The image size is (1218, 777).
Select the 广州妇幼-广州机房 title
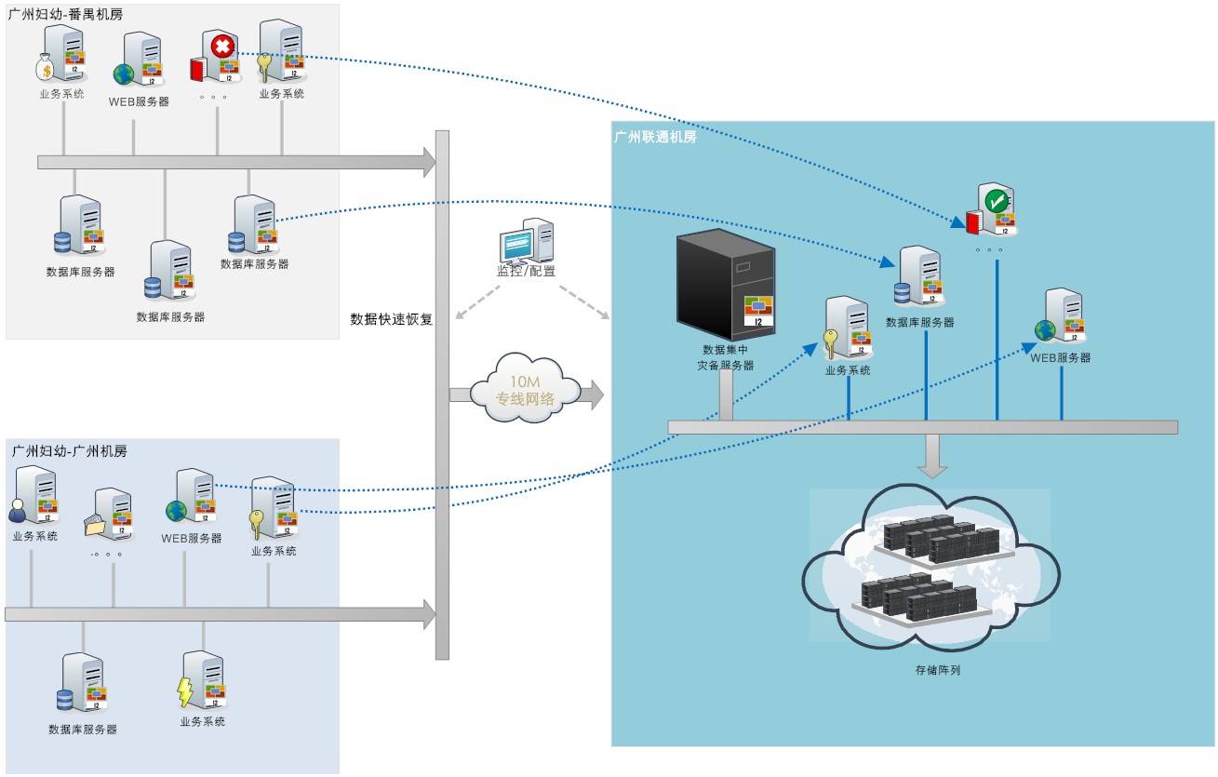(70, 450)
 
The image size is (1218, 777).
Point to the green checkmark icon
(997, 199)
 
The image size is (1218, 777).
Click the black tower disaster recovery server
(725, 283)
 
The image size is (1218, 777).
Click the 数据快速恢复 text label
(391, 319)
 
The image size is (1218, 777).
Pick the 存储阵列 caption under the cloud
(937, 669)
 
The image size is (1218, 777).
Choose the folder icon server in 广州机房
(110, 515)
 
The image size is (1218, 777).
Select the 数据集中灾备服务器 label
(726, 357)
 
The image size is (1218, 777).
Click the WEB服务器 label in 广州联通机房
(1060, 357)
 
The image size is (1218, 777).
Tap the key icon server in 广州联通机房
(845, 328)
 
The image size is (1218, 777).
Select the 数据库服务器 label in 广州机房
(83, 730)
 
